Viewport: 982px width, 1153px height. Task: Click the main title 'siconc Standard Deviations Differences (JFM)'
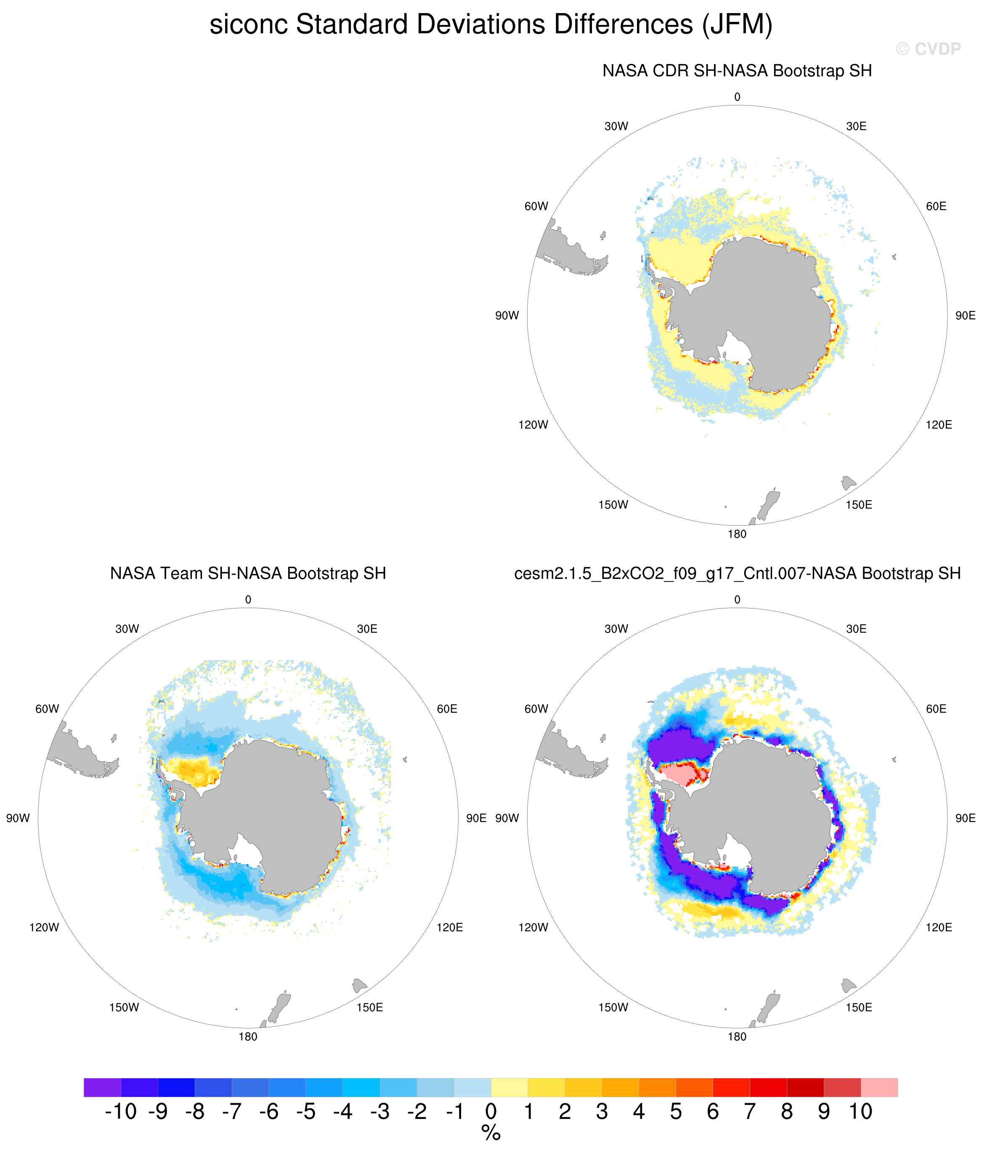click(x=491, y=25)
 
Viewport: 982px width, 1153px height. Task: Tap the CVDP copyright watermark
click(x=928, y=50)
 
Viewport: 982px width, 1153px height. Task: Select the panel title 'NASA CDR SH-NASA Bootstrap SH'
click(x=737, y=71)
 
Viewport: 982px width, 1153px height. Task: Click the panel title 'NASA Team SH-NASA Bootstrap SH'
click(x=248, y=573)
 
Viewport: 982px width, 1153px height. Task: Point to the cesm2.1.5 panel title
click(x=737, y=574)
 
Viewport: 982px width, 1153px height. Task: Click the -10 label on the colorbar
click(x=121, y=1111)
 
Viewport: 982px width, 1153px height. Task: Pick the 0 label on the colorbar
click(x=491, y=1111)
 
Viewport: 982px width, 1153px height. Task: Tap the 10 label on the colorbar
click(x=860, y=1111)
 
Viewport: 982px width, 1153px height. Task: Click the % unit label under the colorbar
click(x=491, y=1133)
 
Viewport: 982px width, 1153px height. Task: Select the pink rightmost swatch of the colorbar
click(x=879, y=1087)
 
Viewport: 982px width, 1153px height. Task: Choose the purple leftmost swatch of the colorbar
click(x=102, y=1087)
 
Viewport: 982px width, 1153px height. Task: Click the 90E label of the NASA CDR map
click(x=965, y=316)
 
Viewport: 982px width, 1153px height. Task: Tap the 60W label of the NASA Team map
click(x=47, y=709)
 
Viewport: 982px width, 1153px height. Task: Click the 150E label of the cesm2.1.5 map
click(x=859, y=1007)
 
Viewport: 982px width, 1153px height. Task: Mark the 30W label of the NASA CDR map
click(x=616, y=126)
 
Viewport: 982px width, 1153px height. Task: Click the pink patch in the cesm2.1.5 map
click(x=682, y=773)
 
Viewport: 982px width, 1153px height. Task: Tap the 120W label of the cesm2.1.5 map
click(x=533, y=927)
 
